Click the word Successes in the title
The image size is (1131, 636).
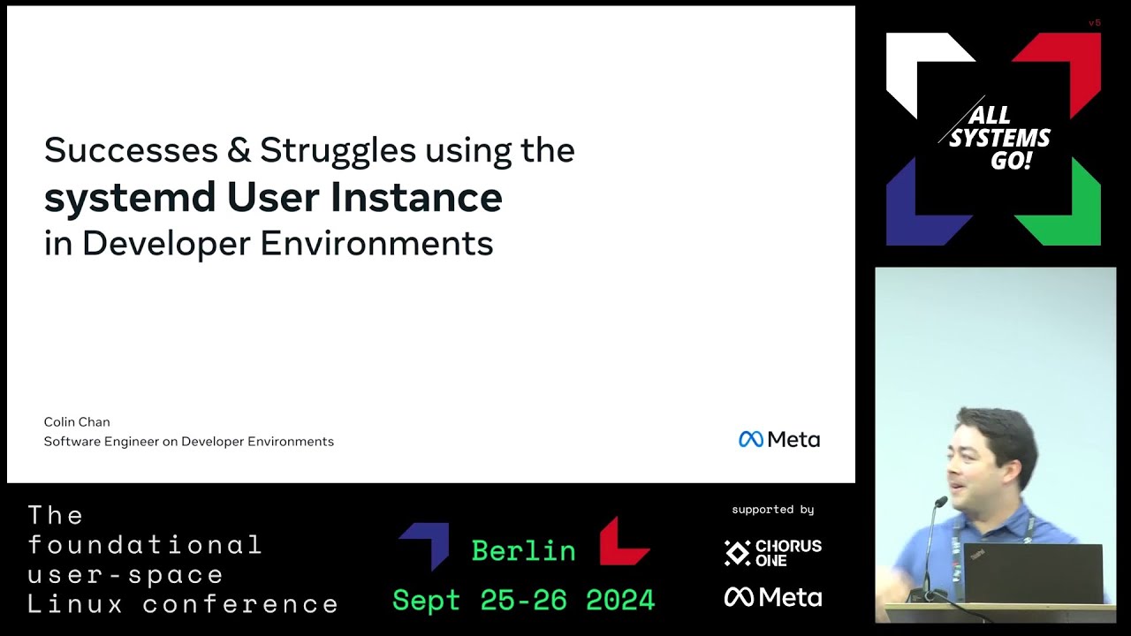click(x=131, y=150)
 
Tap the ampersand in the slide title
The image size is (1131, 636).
click(x=239, y=150)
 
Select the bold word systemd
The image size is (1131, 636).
click(x=130, y=197)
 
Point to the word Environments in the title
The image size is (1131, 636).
click(x=376, y=243)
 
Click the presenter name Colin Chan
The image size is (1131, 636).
click(x=77, y=422)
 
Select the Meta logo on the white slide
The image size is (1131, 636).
click(x=779, y=440)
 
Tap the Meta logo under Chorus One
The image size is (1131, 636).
click(x=773, y=597)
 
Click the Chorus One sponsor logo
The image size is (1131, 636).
click(x=773, y=553)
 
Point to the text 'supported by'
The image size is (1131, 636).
click(x=773, y=510)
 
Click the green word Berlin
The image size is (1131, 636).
click(x=524, y=550)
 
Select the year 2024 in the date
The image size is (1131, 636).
click(x=620, y=600)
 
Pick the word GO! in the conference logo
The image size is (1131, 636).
click(x=1011, y=161)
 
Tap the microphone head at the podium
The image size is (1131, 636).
click(x=941, y=501)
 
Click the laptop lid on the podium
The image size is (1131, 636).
click(x=1033, y=573)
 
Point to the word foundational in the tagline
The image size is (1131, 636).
click(x=145, y=545)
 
